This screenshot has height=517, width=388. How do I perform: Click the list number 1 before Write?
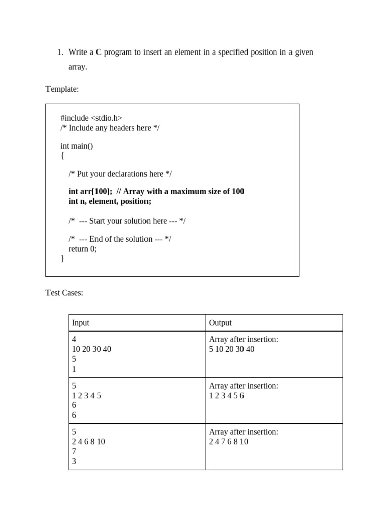click(59, 52)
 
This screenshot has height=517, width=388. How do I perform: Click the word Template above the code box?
click(62, 89)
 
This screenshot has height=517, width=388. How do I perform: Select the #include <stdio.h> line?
click(91, 118)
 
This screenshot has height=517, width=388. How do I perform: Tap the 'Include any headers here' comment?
click(110, 128)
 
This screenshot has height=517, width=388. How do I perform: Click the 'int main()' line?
click(77, 146)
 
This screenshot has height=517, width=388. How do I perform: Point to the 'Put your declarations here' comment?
click(120, 174)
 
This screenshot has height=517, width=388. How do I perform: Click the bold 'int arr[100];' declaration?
click(90, 192)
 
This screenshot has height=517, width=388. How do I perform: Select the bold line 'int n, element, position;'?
click(110, 201)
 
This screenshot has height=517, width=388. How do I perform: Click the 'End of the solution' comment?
click(120, 239)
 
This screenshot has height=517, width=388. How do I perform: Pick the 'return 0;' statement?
click(82, 248)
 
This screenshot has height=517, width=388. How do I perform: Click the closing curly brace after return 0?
click(62, 258)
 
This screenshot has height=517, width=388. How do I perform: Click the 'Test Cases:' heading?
click(64, 293)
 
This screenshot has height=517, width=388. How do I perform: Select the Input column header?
click(81, 323)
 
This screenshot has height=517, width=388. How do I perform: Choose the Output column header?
click(220, 323)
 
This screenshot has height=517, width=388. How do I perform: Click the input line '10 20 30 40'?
click(91, 349)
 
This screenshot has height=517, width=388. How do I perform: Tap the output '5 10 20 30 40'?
click(231, 349)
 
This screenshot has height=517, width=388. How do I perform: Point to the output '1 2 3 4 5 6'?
click(226, 396)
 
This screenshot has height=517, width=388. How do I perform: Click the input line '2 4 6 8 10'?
click(88, 442)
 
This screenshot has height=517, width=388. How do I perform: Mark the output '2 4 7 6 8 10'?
click(228, 442)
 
